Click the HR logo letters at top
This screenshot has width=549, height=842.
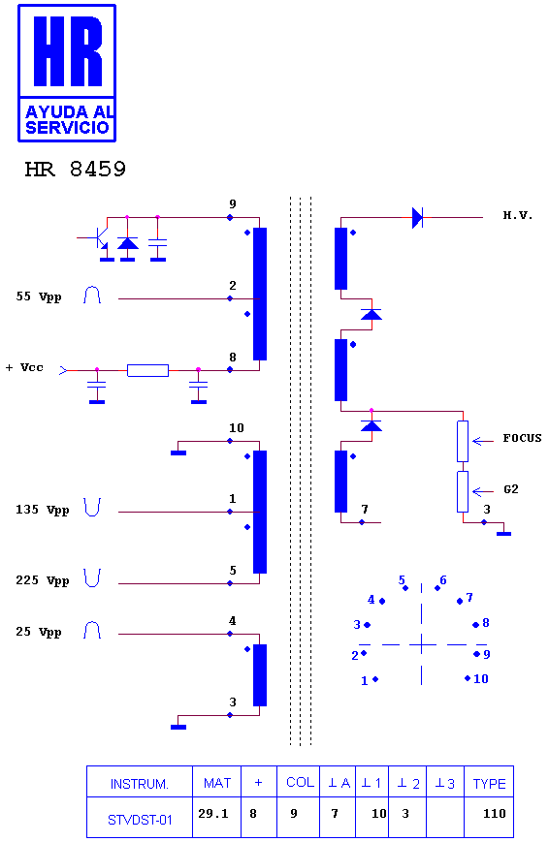pos(68,51)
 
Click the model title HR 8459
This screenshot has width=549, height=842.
pos(76,170)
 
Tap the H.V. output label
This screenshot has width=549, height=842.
pos(517,215)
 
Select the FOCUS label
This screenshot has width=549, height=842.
pos(522,438)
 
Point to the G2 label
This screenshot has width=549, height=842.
pos(511,489)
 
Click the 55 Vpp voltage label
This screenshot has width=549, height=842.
pos(39,296)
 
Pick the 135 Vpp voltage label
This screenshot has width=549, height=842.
pos(43,510)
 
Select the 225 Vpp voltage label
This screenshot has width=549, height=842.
pos(43,581)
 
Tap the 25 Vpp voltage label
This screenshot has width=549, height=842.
pos(39,632)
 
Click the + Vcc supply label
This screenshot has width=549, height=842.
pos(24,368)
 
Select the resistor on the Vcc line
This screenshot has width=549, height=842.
pos(147,370)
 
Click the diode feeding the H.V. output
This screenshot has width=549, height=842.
pos(417,217)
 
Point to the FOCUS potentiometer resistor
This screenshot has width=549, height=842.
pos(463,442)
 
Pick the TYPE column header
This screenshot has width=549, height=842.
pos(489,784)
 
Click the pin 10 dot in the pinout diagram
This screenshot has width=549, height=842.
pos(468,678)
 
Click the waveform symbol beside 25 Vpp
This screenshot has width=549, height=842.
pos(92,630)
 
